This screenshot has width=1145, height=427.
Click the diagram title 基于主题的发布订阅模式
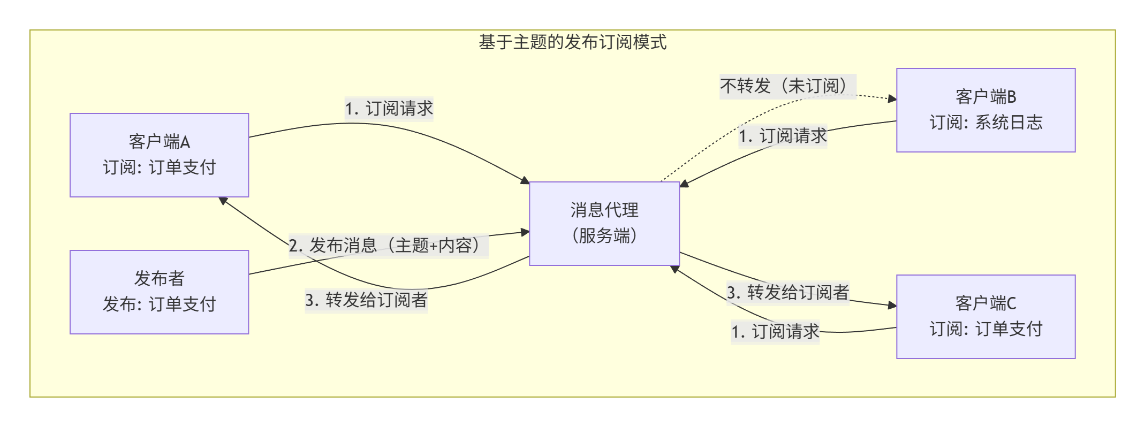[x=572, y=42]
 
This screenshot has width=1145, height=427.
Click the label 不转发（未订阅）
[x=787, y=86]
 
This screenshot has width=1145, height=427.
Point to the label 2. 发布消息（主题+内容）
[x=388, y=246]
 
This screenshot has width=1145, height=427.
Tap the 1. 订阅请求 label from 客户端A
[x=389, y=109]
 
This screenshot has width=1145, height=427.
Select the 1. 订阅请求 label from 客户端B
[x=783, y=136]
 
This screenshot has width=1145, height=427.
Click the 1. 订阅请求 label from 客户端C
[x=775, y=332]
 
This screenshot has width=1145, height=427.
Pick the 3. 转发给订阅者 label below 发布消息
[x=366, y=300]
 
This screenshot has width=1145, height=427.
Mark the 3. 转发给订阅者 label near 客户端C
[x=787, y=293]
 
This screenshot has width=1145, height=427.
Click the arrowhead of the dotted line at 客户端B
[x=892, y=98]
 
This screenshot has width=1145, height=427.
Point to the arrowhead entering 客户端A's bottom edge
[x=223, y=201]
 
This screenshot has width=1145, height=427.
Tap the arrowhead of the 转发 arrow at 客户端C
[x=892, y=305]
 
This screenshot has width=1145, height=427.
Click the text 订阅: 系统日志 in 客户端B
[x=985, y=123]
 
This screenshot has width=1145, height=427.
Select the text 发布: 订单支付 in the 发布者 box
[x=159, y=304]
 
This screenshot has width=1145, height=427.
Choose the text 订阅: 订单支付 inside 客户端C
[x=985, y=329]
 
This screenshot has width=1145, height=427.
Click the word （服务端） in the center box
[x=604, y=236]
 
